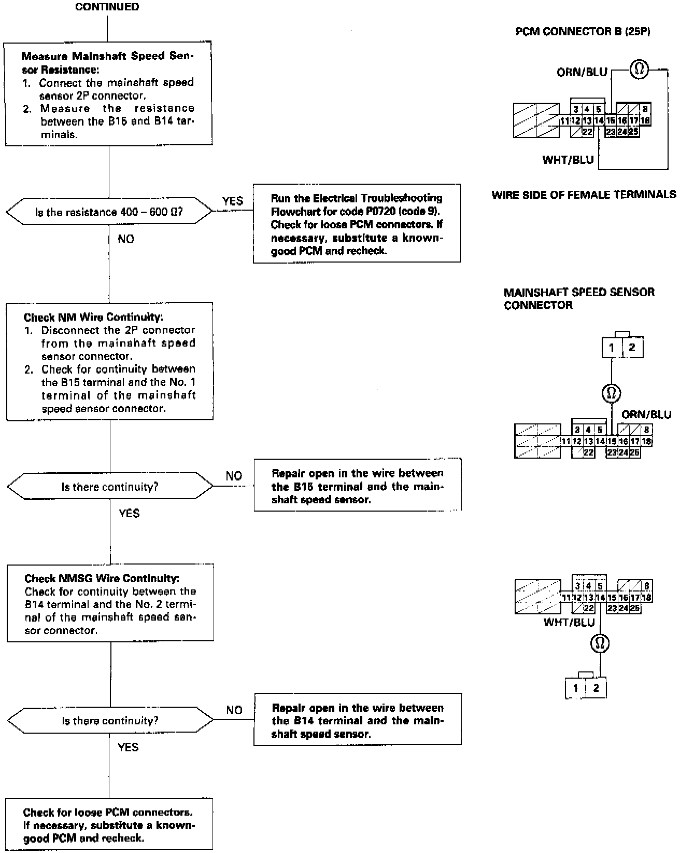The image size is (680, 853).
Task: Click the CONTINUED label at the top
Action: [x=107, y=7]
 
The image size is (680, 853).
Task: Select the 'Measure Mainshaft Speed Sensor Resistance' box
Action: [x=108, y=95]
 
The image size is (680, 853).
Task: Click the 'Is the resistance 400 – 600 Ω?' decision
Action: [x=109, y=212]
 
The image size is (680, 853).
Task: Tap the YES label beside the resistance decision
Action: [x=232, y=201]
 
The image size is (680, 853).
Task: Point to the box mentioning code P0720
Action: [x=357, y=224]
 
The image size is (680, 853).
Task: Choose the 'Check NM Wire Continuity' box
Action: [x=109, y=362]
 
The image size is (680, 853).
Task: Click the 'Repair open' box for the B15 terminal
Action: [x=357, y=486]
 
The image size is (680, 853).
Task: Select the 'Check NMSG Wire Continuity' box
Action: [x=110, y=603]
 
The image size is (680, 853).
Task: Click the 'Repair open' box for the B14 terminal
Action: [x=357, y=720]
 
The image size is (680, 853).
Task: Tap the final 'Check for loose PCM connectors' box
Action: [x=109, y=824]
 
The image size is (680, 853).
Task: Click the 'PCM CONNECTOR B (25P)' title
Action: [x=583, y=32]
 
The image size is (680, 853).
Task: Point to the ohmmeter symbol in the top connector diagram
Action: [x=639, y=68]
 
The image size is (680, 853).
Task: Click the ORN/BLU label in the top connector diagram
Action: [x=582, y=72]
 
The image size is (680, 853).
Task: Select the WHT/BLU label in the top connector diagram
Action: [x=568, y=160]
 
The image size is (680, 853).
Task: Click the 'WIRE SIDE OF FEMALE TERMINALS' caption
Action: [x=584, y=195]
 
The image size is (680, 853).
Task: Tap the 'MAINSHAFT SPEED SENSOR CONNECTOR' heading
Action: [x=578, y=298]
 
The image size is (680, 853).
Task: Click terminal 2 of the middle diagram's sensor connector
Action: [x=632, y=348]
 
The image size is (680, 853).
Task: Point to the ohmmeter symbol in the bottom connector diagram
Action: [x=600, y=644]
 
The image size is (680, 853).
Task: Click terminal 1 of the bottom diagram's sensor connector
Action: [x=575, y=689]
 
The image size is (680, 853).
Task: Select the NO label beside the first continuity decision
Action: [x=234, y=476]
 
